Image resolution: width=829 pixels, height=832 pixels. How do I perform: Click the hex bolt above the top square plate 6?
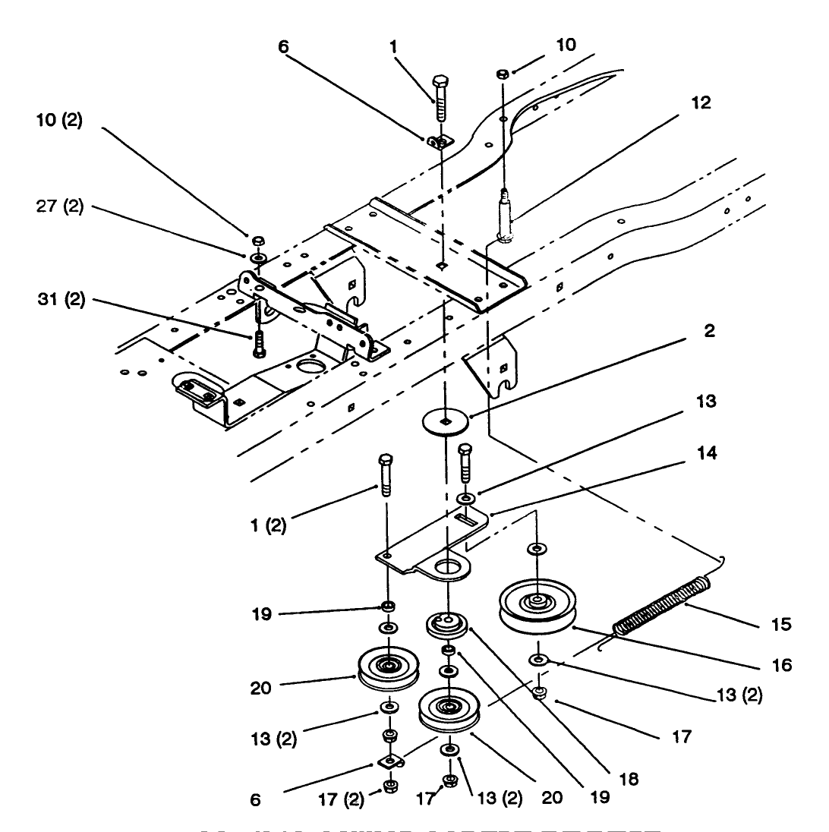click(440, 96)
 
